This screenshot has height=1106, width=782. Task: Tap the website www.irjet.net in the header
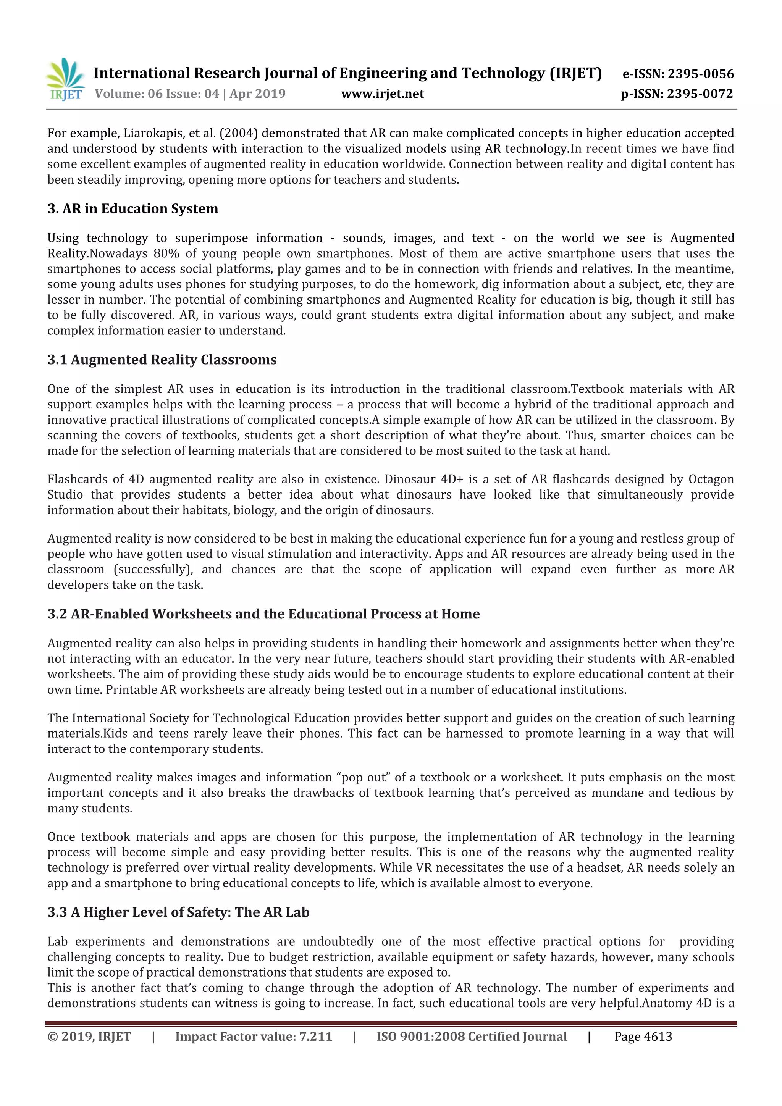point(383,94)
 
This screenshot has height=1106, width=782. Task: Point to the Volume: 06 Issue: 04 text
point(157,94)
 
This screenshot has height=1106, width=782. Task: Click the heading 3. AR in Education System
point(132,208)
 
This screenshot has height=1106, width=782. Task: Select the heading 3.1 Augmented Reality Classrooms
point(162,360)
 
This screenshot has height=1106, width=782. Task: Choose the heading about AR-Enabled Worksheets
point(263,614)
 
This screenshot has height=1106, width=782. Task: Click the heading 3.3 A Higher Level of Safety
point(178,912)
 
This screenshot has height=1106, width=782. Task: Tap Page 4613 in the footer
point(643,1037)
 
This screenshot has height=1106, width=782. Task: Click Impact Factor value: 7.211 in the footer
point(254,1037)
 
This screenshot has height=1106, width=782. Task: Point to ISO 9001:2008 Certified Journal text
point(471,1037)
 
